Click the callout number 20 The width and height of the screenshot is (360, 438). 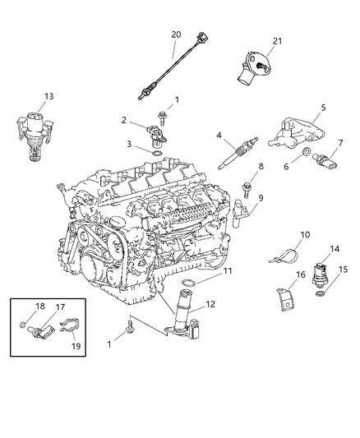point(176,34)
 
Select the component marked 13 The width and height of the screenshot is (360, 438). point(34,128)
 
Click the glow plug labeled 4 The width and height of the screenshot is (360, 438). point(231,154)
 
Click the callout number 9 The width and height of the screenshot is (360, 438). point(281,260)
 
